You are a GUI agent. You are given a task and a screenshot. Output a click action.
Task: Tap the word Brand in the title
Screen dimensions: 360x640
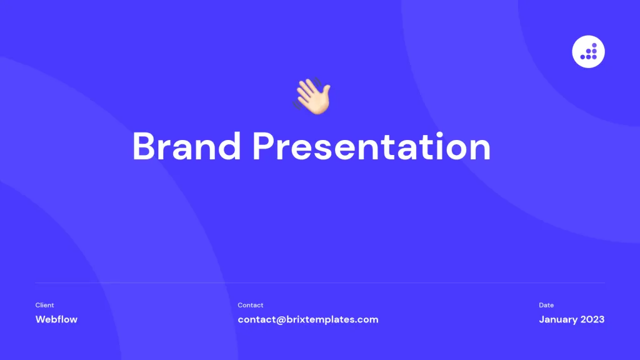click(x=186, y=147)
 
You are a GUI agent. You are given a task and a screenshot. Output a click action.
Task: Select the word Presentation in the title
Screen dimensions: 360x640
click(x=371, y=147)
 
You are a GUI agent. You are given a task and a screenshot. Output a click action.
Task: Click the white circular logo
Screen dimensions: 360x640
click(x=588, y=51)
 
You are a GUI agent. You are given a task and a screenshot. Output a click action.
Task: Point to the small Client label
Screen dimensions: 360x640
click(x=44, y=305)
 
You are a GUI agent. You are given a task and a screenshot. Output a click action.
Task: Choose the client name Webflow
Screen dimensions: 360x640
click(x=56, y=319)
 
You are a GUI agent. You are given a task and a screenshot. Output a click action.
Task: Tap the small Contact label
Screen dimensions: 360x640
click(x=250, y=305)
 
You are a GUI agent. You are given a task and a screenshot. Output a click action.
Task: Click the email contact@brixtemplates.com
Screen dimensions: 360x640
click(x=307, y=319)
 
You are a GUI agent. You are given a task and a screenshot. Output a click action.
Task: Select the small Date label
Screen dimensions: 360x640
click(x=546, y=305)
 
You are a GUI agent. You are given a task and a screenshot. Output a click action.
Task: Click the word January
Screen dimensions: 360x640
click(x=557, y=319)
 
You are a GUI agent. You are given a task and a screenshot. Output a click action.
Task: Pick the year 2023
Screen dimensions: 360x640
click(x=592, y=319)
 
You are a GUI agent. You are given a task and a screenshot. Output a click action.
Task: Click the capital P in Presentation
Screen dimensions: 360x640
click(x=264, y=147)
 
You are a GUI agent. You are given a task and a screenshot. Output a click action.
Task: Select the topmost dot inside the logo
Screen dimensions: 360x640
click(x=595, y=46)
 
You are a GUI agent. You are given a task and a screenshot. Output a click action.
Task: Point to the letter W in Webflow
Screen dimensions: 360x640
click(x=41, y=319)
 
